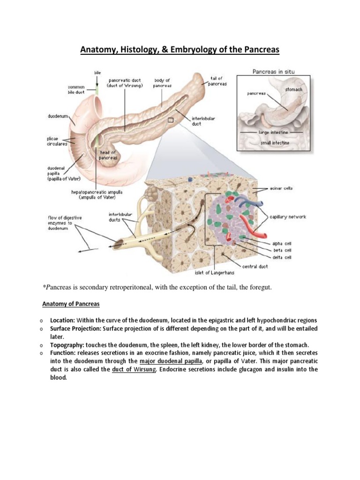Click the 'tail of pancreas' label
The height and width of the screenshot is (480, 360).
(217, 81)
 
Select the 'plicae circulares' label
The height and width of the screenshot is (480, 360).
(56, 142)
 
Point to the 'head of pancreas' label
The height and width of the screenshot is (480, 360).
(108, 155)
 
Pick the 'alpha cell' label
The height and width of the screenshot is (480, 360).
(282, 243)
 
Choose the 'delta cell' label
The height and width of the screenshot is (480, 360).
(282, 257)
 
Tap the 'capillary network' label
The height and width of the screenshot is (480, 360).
(288, 217)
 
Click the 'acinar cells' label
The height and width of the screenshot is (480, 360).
(281, 188)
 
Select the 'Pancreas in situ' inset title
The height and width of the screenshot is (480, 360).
(274, 72)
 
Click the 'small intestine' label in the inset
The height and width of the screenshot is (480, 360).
(275, 142)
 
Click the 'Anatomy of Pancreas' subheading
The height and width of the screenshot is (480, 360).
(71, 304)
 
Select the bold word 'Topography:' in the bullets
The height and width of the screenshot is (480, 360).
(67, 344)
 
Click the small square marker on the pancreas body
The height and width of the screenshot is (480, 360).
(171, 120)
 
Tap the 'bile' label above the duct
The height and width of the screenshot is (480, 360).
(97, 73)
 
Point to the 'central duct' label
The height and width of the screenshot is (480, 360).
(255, 266)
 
